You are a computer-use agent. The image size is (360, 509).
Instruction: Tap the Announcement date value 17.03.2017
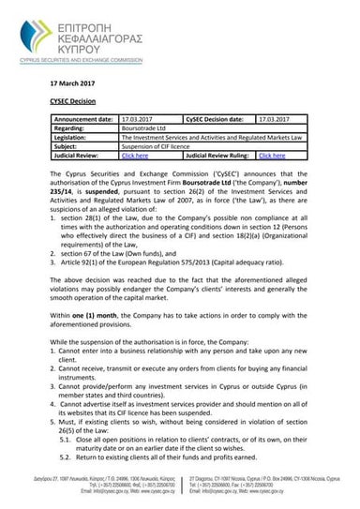138,120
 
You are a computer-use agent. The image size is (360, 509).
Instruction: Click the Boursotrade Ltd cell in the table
144,128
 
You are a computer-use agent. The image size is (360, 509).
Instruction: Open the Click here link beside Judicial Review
135,155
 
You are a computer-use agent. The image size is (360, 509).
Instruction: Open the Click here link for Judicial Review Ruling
272,155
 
